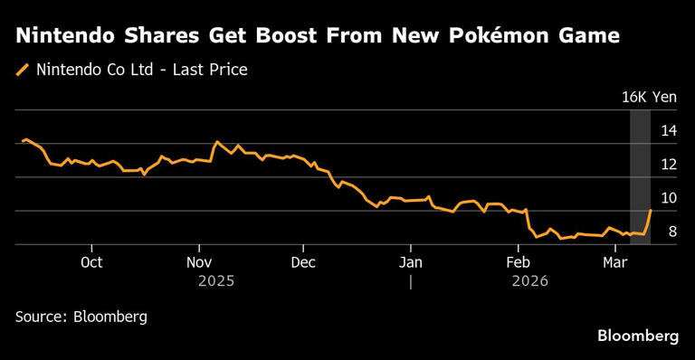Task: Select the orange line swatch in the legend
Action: click(24, 69)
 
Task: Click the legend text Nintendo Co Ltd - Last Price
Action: click(141, 69)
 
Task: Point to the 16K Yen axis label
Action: click(649, 97)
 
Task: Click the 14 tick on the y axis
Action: click(669, 131)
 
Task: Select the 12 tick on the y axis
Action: click(669, 165)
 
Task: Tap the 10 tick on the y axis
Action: click(669, 198)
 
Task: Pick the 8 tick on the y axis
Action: click(672, 232)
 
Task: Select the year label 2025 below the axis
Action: click(216, 281)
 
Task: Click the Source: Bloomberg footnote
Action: click(81, 317)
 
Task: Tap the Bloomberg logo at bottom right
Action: click(638, 336)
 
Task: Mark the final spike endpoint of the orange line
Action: click(651, 210)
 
